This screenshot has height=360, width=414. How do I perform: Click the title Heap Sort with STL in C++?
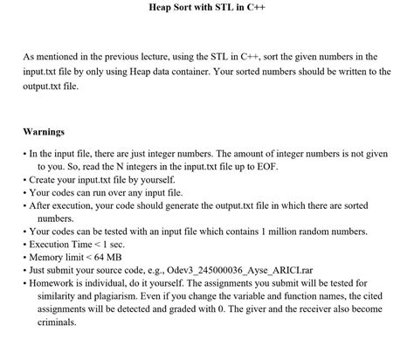(x=206, y=7)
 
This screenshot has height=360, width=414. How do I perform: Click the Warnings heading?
(x=44, y=132)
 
